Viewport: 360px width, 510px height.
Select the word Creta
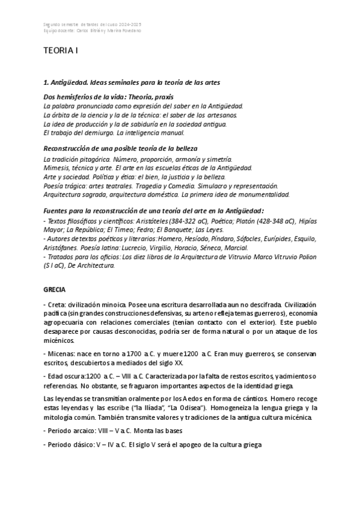[56, 305]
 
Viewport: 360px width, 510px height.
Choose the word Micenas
[61, 354]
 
